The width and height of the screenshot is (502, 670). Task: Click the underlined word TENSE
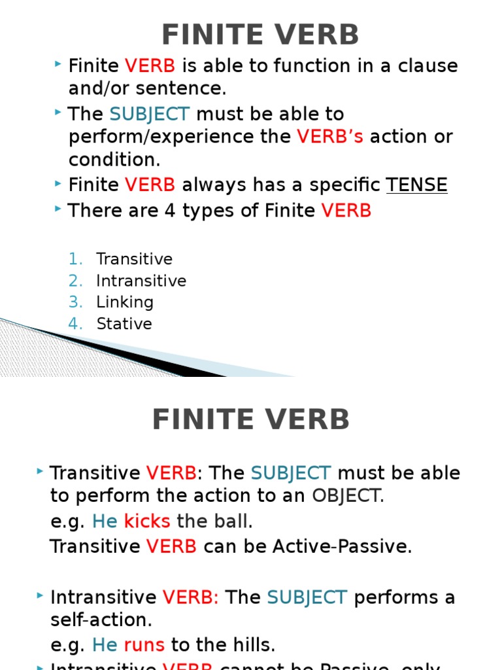(416, 185)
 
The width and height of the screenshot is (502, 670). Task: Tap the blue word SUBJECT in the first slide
(150, 114)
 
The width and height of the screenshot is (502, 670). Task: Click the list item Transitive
(134, 259)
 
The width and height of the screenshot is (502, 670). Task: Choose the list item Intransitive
(141, 281)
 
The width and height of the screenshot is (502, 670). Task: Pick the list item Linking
(125, 302)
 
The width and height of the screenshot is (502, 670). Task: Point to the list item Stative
(124, 324)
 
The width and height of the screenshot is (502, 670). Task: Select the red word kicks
(147, 521)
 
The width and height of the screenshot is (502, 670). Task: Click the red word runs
(144, 645)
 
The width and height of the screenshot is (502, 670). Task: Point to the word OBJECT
(346, 496)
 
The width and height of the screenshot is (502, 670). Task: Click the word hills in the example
(252, 645)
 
